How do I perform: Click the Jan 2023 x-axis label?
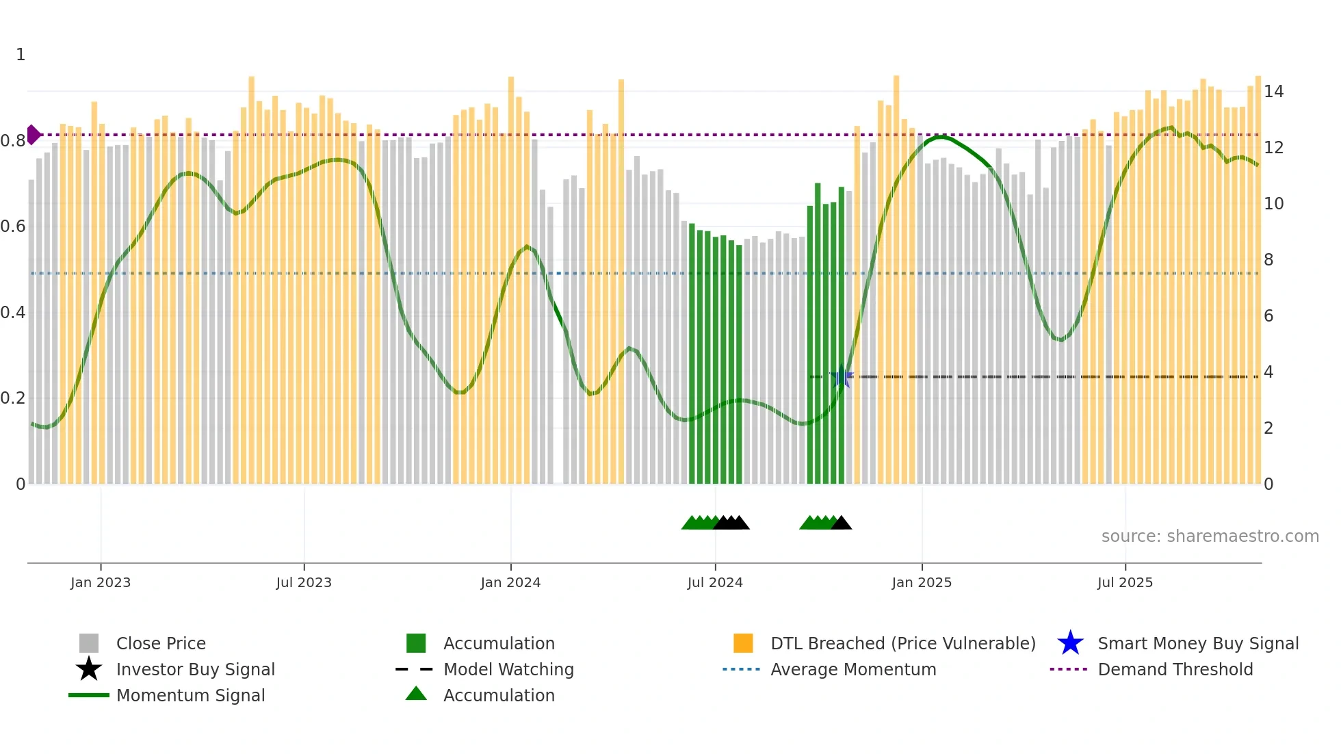(100, 582)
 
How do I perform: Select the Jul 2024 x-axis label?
(715, 582)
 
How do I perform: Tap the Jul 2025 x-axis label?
(1125, 582)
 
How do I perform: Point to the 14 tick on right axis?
(1273, 91)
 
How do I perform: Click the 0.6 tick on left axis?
(13, 226)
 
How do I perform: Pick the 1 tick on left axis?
(21, 55)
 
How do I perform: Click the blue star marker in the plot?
(842, 377)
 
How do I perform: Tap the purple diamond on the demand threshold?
(33, 135)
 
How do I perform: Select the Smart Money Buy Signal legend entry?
(1197, 643)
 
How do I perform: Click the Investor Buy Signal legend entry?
(195, 669)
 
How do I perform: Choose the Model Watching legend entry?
(508, 669)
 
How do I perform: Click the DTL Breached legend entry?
(902, 643)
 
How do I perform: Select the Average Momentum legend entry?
(852, 669)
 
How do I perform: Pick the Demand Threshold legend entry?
(1175, 669)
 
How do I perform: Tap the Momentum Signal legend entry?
(190, 695)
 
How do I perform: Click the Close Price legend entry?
(160, 643)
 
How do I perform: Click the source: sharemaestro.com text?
(1210, 536)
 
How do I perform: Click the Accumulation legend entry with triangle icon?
(498, 695)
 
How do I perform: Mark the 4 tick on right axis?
(1268, 372)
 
